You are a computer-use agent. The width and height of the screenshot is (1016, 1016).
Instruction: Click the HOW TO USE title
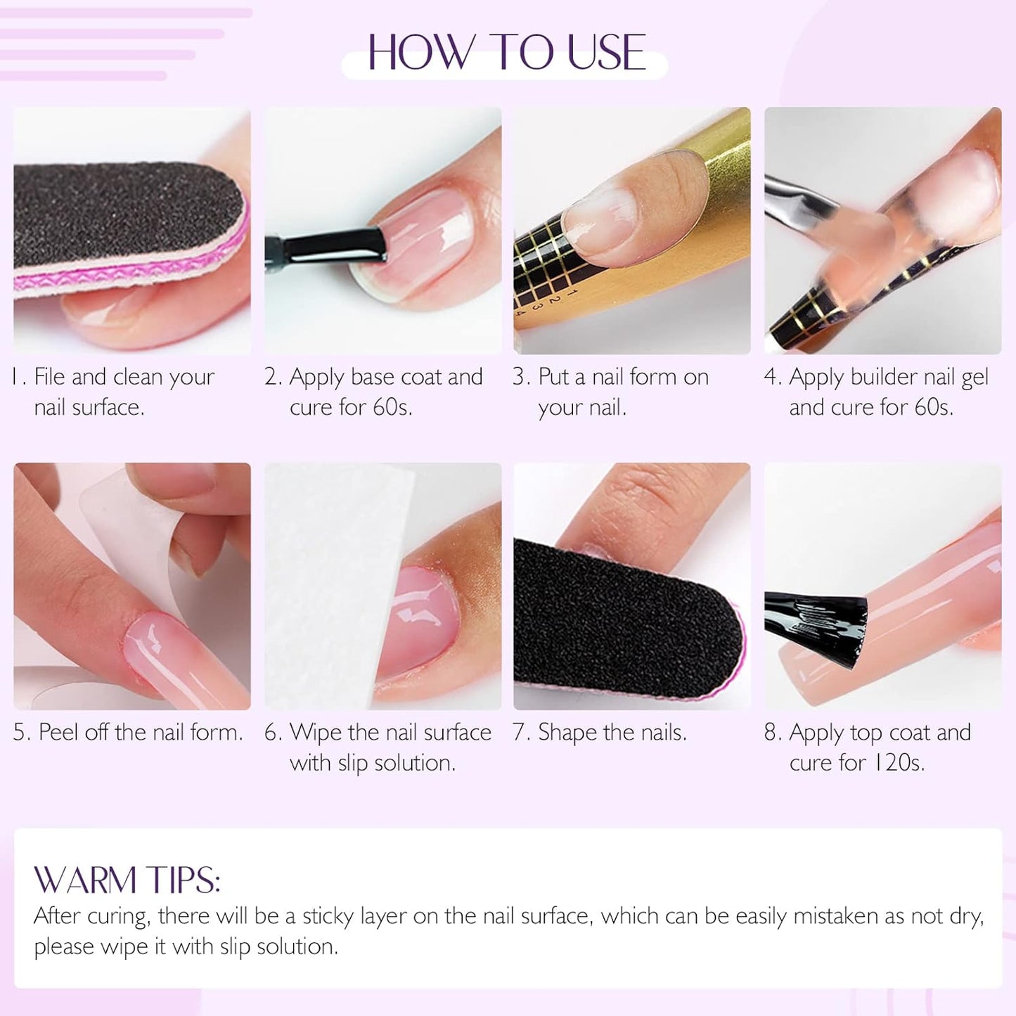click(506, 53)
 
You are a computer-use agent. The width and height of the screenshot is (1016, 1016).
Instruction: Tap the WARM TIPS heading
click(127, 880)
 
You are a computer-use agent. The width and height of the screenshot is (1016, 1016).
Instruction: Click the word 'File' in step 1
click(49, 377)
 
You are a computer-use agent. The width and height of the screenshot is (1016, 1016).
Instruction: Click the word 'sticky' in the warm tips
click(328, 916)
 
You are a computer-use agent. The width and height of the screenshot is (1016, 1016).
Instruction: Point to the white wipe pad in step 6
click(330, 577)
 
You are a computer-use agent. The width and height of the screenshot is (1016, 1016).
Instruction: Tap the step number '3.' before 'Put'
click(521, 377)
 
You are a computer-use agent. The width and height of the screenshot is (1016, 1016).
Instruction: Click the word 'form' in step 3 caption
click(654, 377)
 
